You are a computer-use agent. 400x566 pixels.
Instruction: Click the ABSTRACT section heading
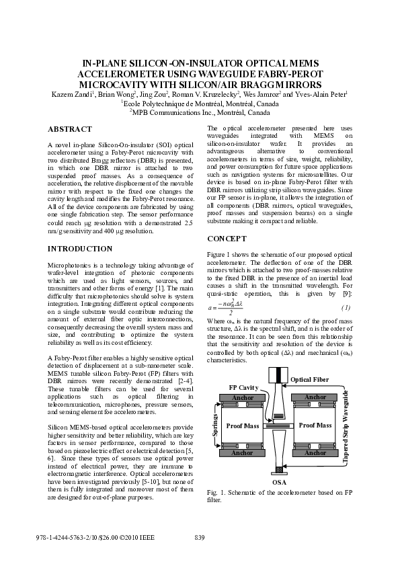[69, 129]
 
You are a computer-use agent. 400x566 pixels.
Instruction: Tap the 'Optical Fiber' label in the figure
[310, 380]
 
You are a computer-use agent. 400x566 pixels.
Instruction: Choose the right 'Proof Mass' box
[315, 426]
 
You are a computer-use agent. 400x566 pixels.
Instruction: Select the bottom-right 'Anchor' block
[315, 453]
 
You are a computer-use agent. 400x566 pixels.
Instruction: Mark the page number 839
[199, 537]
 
